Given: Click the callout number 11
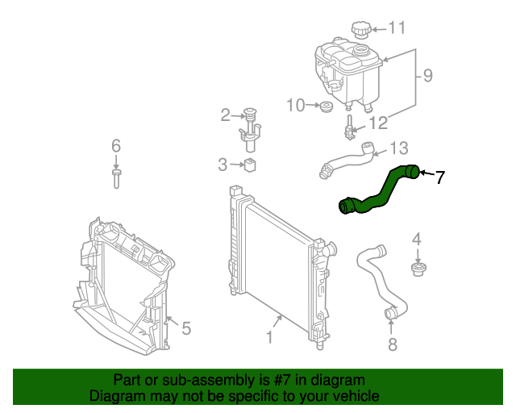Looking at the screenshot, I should coord(397,28).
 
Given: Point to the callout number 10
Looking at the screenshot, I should coord(295,105).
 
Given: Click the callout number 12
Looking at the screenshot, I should coord(379,123).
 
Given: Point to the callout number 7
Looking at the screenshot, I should coord(439,177).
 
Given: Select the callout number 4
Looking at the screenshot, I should coord(417,239).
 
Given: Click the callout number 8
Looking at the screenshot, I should coord(393,345).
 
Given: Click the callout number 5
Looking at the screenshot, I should coord(186,328).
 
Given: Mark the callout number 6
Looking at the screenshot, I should coord(116,146).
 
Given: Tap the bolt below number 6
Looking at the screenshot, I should coord(117,177).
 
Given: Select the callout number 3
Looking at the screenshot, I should coord(223,165).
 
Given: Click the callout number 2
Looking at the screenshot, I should coord(226,115).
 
